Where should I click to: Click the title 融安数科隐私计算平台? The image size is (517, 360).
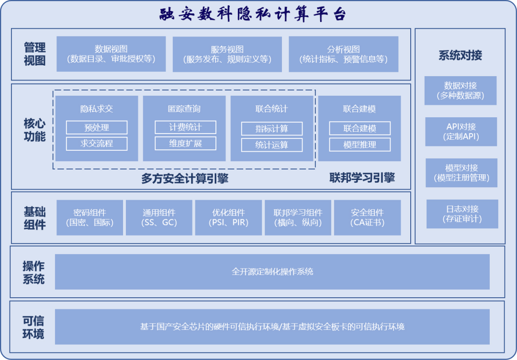coord(253,14)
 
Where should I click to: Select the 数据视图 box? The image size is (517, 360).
coord(111,54)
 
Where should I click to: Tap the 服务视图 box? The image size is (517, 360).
coord(227,54)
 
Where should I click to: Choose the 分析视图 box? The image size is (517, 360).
coord(343,54)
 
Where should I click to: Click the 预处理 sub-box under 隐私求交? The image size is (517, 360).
coord(97,127)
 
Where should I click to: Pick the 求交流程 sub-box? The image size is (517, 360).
coord(97,144)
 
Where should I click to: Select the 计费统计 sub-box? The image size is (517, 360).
coord(185,127)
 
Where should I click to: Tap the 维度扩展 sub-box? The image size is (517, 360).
coord(185,143)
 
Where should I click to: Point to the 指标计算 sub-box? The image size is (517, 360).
coord(271,128)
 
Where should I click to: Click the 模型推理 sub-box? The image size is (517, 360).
coord(360,145)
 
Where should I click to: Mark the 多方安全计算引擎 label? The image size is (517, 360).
coord(185,179)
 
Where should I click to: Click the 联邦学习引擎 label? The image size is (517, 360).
coord(362,178)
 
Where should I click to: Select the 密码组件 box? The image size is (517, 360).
coord(90,217)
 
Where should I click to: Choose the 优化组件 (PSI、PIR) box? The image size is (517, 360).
coord(228,217)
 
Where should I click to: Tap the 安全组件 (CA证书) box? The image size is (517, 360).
coord(367,217)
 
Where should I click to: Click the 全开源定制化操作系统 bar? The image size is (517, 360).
coord(272,271)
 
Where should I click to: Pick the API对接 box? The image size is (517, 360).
coord(461,132)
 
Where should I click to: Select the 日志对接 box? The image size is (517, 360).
coord(462,214)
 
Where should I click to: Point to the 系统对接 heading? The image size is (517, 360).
coord(460,56)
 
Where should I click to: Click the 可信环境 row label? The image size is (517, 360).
coord(33,327)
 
